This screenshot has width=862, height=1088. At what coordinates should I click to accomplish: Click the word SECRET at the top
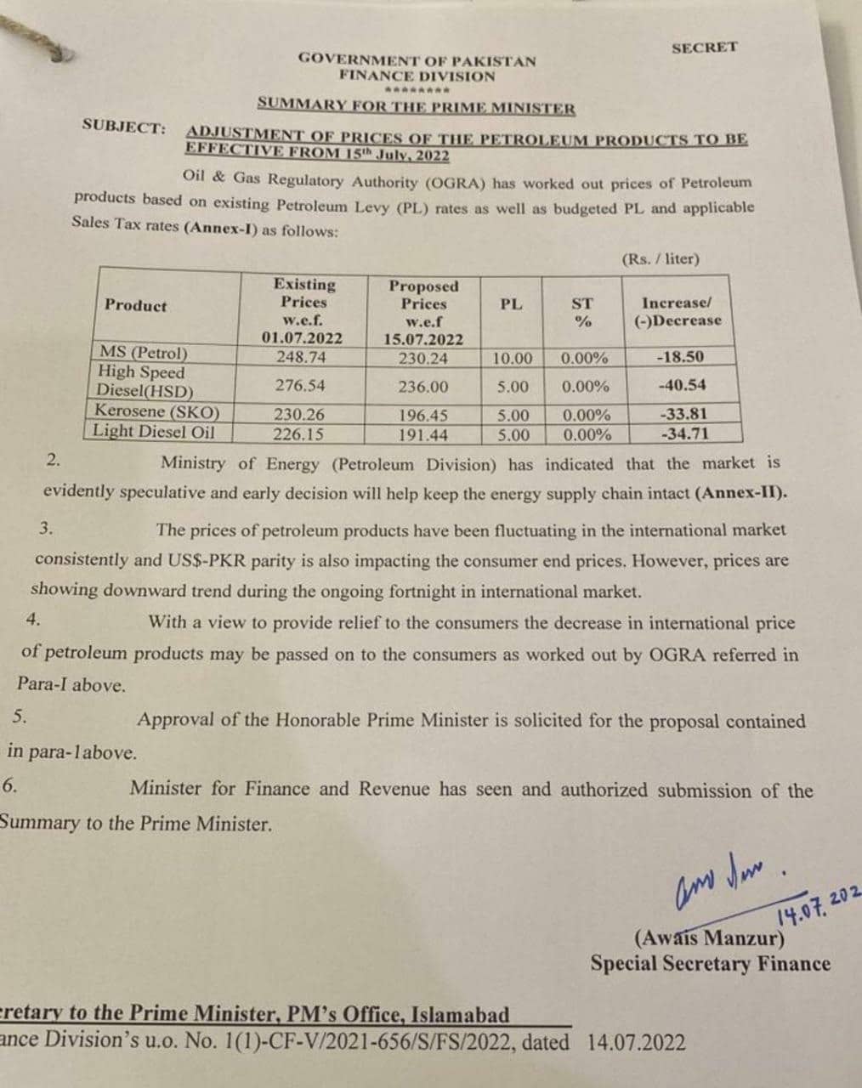click(704, 48)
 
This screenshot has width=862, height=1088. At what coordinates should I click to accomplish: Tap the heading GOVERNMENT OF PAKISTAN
click(417, 60)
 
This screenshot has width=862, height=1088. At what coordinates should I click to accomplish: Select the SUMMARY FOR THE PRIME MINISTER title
click(417, 108)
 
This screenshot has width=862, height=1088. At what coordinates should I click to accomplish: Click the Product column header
click(136, 305)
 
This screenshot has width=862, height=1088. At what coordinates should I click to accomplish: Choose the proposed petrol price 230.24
click(422, 358)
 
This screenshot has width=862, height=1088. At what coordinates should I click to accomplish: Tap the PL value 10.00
click(513, 359)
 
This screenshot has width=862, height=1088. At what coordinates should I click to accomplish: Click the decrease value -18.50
click(680, 358)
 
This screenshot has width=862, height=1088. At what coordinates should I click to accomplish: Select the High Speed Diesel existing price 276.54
click(300, 385)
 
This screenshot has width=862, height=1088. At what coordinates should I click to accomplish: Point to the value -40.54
click(682, 385)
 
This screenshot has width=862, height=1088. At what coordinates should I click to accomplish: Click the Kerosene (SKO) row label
click(157, 413)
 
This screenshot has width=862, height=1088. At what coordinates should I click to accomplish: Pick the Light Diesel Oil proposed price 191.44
click(422, 434)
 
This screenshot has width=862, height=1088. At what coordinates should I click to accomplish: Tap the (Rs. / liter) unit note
click(661, 258)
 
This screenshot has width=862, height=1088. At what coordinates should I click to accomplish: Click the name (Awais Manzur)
click(709, 939)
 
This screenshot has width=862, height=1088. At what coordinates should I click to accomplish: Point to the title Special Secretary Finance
click(711, 964)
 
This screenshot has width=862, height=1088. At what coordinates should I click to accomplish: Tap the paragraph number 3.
click(46, 528)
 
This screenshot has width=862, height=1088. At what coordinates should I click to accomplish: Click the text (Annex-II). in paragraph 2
click(740, 494)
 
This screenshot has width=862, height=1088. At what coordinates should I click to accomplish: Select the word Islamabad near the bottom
click(461, 1015)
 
